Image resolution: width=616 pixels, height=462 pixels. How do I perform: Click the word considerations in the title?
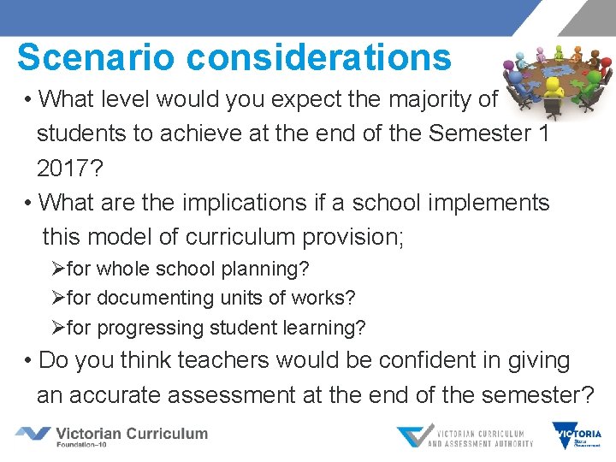click(318, 57)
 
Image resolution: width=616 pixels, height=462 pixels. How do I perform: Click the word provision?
click(342, 237)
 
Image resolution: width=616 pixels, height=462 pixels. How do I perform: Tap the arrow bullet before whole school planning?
click(58, 269)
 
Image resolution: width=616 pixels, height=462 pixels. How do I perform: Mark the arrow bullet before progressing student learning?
click(58, 328)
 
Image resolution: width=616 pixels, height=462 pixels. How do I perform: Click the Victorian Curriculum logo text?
click(131, 434)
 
